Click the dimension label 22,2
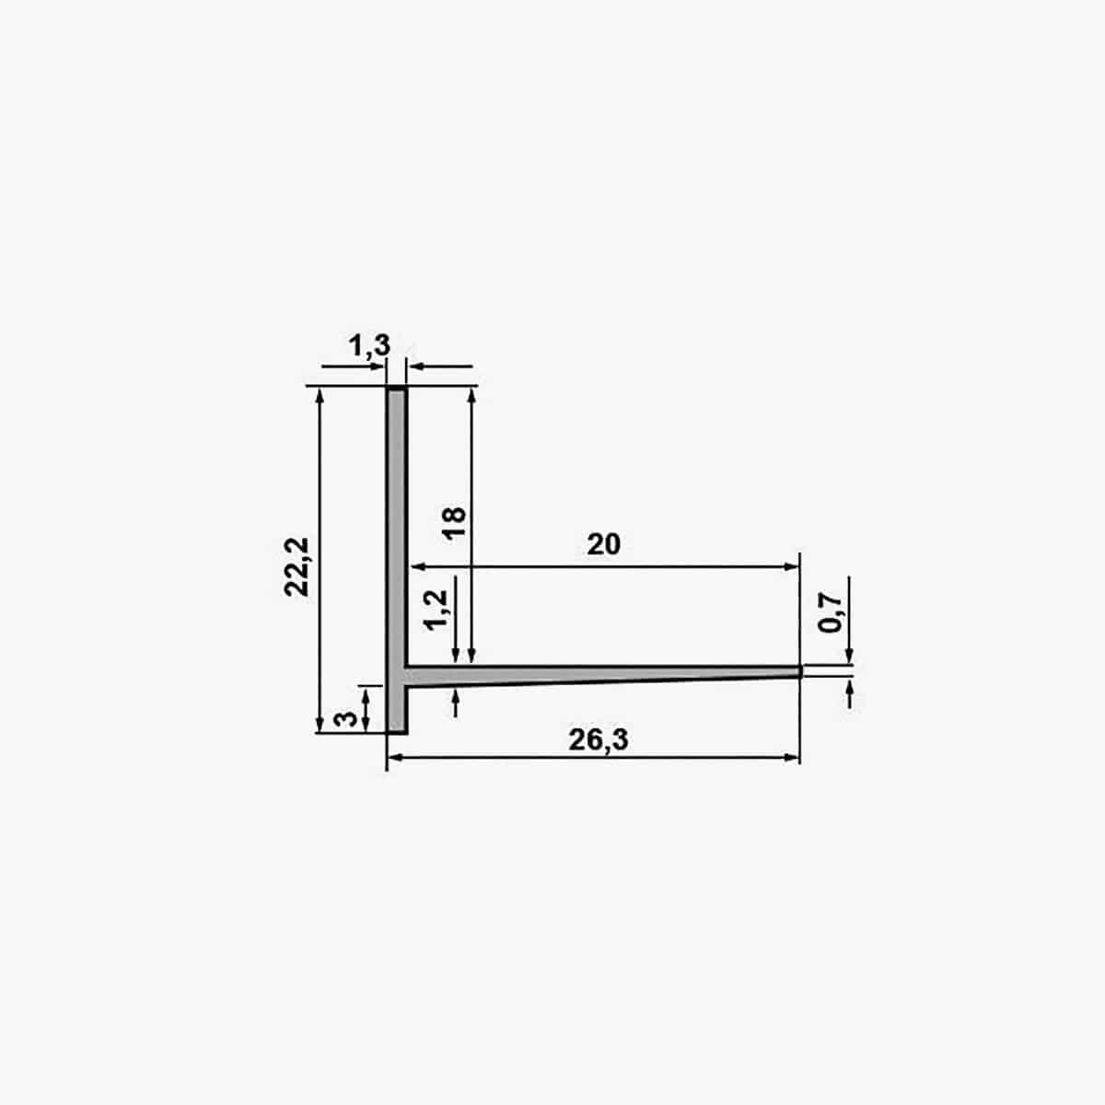(297, 567)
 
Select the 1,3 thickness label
(369, 345)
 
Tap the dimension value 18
(455, 522)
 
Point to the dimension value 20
(603, 544)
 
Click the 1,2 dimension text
(437, 611)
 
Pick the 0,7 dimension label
(830, 613)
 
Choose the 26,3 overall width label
(599, 739)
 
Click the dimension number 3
(346, 718)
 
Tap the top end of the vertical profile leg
(397, 390)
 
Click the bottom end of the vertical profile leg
(397, 732)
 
